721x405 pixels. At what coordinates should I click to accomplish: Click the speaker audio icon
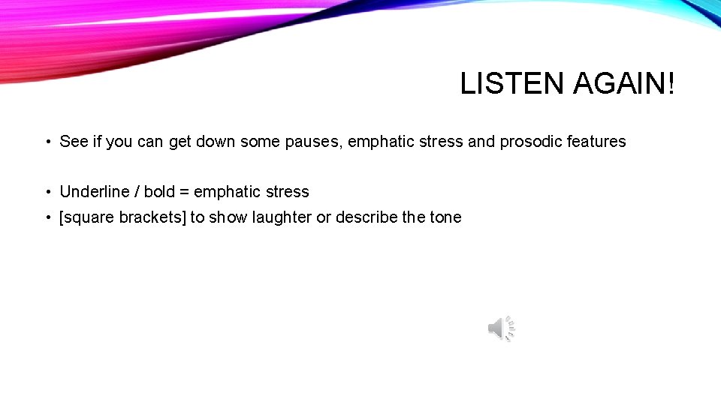pos(501,328)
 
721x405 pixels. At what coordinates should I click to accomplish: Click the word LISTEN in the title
pos(512,84)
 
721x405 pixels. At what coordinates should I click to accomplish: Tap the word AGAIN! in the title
pos(623,84)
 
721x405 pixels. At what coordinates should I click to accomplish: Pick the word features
pos(596,142)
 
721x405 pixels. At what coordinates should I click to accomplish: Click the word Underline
pos(94,192)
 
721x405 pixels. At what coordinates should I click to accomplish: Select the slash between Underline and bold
pos(137,192)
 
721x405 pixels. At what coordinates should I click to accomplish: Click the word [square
pos(86,217)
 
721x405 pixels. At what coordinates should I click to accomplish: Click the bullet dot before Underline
pos(47,193)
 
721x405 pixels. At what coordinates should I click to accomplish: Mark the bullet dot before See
pos(47,142)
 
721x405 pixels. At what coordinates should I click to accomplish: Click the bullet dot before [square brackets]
pos(47,218)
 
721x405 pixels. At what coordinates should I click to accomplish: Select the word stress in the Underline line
pos(287,192)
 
